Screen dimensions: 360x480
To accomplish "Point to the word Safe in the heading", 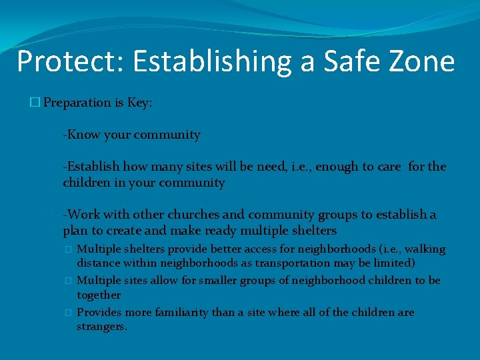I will [347, 61].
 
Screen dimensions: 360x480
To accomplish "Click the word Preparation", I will [77, 103].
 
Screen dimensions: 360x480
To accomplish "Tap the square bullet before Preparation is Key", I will [35, 103].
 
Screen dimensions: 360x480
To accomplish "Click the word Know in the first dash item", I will [84, 135].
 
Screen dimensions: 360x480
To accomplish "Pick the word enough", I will [337, 167].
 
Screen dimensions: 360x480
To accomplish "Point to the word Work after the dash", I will [83, 215].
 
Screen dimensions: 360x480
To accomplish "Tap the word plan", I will [75, 231].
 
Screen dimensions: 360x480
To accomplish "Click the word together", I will [99, 295].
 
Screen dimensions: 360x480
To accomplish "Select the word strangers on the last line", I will [102, 327].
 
